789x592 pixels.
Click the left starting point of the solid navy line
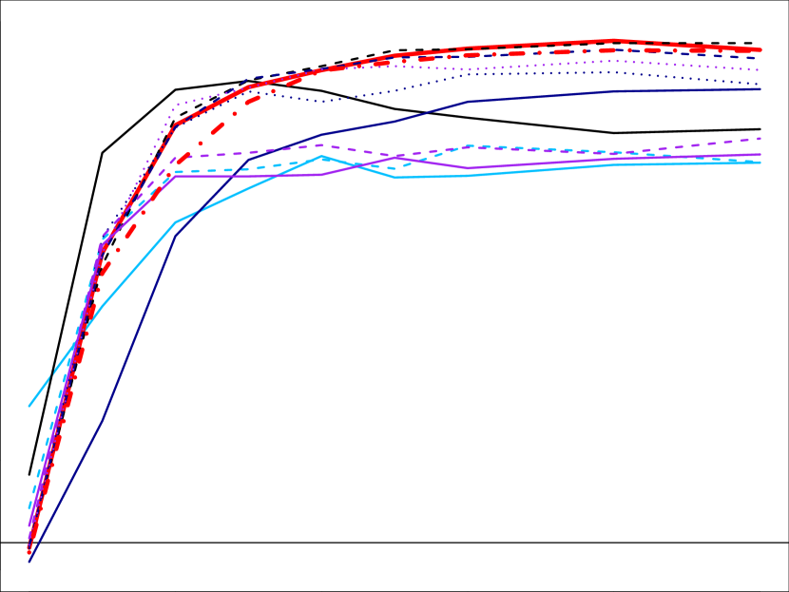pyautogui.click(x=29, y=562)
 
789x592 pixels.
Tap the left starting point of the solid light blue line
pyautogui.click(x=29, y=407)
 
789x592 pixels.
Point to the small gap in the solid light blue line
pyautogui.click(x=51, y=373)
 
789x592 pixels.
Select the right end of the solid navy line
pyautogui.click(x=761, y=89)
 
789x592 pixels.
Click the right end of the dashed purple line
pyautogui.click(x=761, y=139)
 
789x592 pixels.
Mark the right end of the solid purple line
pyautogui.click(x=761, y=154)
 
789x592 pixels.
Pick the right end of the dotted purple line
pyautogui.click(x=761, y=70)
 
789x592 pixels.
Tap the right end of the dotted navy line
pyautogui.click(x=761, y=85)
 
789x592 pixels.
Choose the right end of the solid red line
pyautogui.click(x=761, y=49)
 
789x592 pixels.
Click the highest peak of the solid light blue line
pyautogui.click(x=323, y=156)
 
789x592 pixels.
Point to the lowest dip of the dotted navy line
pyautogui.click(x=323, y=101)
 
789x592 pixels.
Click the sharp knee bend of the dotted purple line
pyautogui.click(x=177, y=105)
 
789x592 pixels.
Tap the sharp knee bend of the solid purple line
pyautogui.click(x=177, y=176)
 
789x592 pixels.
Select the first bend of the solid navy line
pyautogui.click(x=103, y=418)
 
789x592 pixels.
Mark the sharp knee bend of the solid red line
pyautogui.click(x=177, y=123)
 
